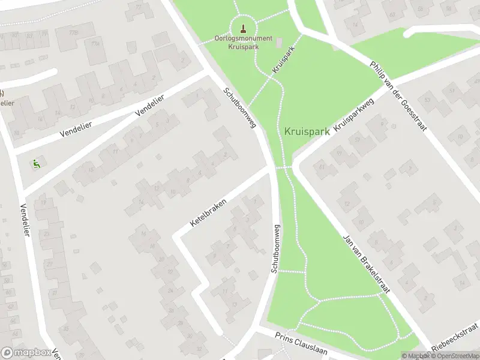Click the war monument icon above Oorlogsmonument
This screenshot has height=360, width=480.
(243, 28)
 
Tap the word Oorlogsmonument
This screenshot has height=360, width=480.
(243, 38)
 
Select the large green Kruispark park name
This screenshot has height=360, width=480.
(307, 131)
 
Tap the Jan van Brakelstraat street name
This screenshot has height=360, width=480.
(366, 264)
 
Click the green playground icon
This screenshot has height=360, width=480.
(36, 162)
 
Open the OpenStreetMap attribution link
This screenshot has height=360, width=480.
(455, 356)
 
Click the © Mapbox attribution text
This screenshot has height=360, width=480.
(416, 356)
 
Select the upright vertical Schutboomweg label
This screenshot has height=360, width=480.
(277, 248)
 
